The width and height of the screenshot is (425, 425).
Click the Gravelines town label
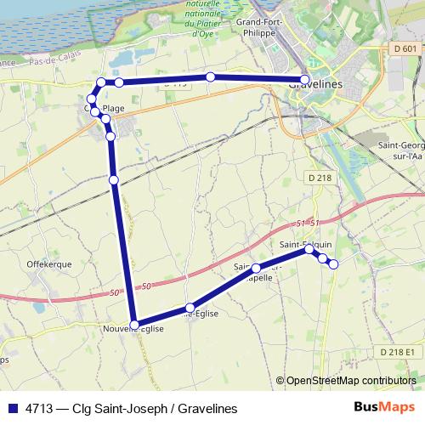[315, 85]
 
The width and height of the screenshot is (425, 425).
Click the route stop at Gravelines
[305, 79]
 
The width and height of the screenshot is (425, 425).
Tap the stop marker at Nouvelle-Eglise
[134, 324]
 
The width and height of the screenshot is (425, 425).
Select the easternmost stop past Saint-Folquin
[333, 264]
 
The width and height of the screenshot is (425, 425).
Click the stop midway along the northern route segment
[210, 77]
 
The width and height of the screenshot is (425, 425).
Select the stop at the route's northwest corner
[101, 82]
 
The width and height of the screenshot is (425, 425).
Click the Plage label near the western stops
[113, 109]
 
